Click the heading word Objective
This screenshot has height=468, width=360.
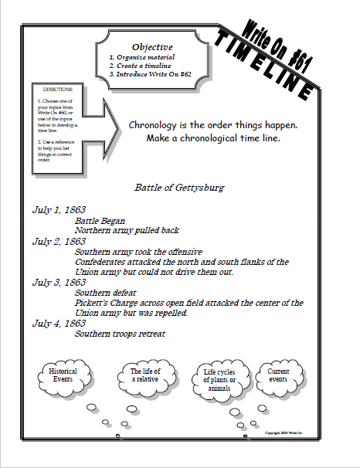click(151, 46)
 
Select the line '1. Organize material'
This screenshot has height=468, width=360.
click(142, 57)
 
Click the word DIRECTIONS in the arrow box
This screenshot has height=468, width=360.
click(59, 90)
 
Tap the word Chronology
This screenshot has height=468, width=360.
click(157, 125)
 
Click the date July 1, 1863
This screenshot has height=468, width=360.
click(59, 209)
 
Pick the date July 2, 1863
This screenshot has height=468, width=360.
click(59, 241)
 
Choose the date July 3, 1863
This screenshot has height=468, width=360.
click(59, 283)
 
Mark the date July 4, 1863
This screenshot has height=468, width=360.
click(59, 324)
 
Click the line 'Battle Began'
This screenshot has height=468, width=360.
click(100, 220)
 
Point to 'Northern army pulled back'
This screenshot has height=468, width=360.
click(127, 230)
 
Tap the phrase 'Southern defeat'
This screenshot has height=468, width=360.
click(107, 293)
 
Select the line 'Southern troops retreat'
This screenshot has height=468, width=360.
click(120, 334)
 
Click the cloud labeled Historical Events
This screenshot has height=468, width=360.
click(63, 377)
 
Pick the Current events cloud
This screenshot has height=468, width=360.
click(279, 376)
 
